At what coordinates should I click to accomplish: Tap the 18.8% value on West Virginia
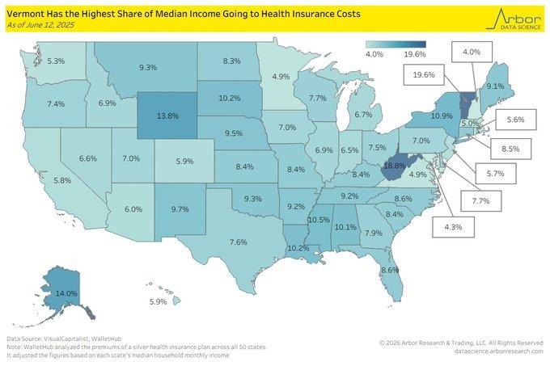pos(394,164)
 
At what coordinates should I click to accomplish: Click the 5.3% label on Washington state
pos(56,61)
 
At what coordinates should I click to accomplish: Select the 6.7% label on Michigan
pos(362,116)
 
